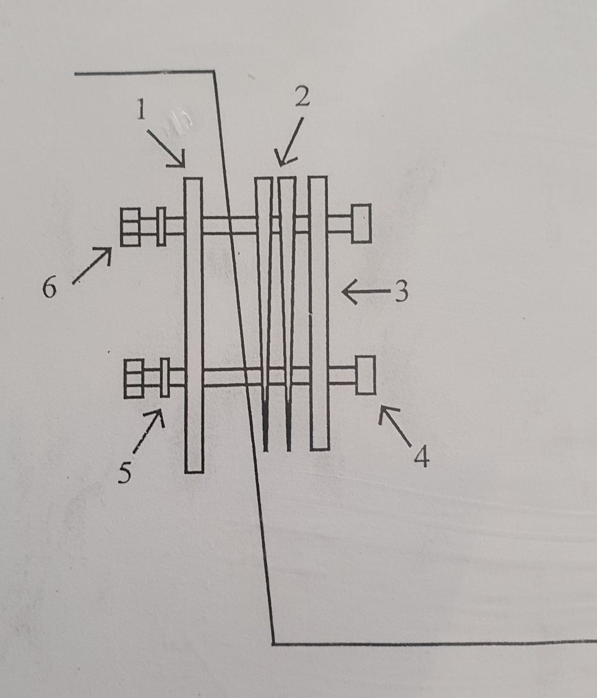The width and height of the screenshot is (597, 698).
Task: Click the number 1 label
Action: pos(141,109)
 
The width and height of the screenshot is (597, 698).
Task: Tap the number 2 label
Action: pos(303,96)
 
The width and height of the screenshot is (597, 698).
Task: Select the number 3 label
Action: pos(402,292)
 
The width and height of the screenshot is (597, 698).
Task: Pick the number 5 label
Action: pos(125,472)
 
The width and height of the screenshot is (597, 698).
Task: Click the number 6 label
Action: pos(49,287)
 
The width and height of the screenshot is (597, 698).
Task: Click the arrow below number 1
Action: pos(166,148)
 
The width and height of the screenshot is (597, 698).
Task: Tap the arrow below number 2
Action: pos(289,142)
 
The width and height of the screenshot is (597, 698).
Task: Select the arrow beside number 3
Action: pos(366,292)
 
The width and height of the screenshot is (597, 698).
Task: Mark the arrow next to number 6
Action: pos(92,265)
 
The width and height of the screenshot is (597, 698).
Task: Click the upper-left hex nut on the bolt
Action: pos(131,227)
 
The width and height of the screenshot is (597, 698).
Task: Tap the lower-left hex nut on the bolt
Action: pos(134,378)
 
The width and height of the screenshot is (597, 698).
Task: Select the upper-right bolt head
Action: pos(361,223)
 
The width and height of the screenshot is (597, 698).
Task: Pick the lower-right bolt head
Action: pos(366,375)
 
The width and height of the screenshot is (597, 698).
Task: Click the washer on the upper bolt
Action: pos(161,226)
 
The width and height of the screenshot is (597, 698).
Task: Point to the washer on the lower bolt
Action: pos(165,378)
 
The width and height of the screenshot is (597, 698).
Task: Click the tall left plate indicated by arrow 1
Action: pos(194,325)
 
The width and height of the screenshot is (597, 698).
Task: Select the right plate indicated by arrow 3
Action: pos(319,313)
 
